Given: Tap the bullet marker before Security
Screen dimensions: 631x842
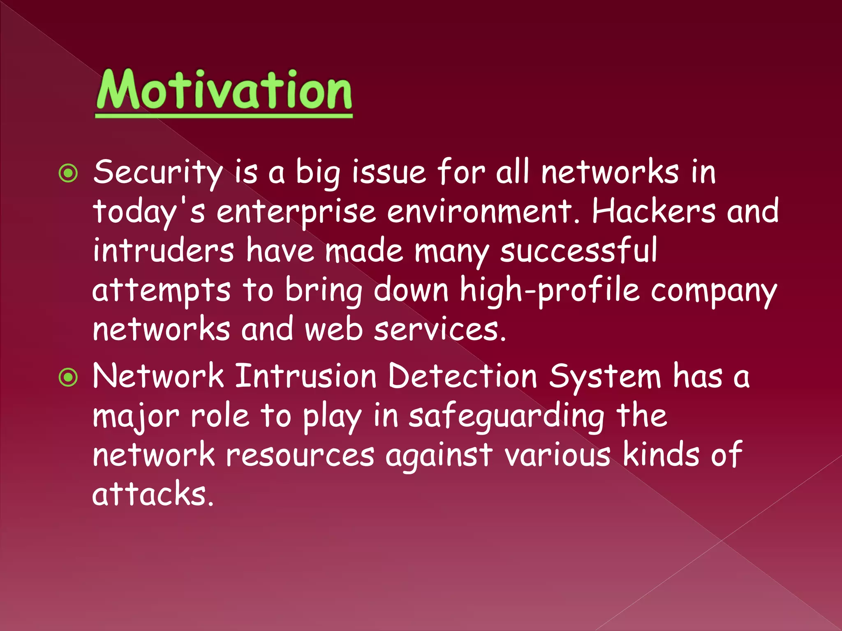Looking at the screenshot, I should click(68, 173).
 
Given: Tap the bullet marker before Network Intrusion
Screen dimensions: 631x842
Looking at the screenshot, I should click(68, 377).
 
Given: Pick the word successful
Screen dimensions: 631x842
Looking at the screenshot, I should click(578, 251).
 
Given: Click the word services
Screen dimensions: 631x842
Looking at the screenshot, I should click(439, 329).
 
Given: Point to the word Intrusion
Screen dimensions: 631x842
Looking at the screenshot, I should click(306, 375).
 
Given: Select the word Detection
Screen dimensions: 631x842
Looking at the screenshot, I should click(463, 375).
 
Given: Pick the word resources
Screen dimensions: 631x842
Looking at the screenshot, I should click(300, 455).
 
